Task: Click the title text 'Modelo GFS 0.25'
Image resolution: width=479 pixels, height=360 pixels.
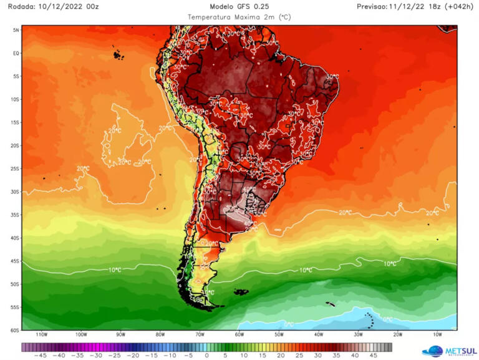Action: [239, 6]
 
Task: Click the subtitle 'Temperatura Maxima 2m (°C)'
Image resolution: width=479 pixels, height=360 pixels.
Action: [239, 17]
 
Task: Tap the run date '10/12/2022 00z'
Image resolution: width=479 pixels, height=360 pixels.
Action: [69, 6]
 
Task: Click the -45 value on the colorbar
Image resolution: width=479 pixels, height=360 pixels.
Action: [41, 356]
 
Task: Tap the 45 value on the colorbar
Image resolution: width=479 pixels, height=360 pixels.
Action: [374, 356]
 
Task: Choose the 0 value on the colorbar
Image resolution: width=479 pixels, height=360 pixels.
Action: [208, 356]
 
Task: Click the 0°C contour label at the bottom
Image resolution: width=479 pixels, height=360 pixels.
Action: [289, 324]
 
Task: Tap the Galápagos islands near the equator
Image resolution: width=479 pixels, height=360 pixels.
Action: [118, 55]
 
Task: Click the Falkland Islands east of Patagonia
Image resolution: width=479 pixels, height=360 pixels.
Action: [241, 291]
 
